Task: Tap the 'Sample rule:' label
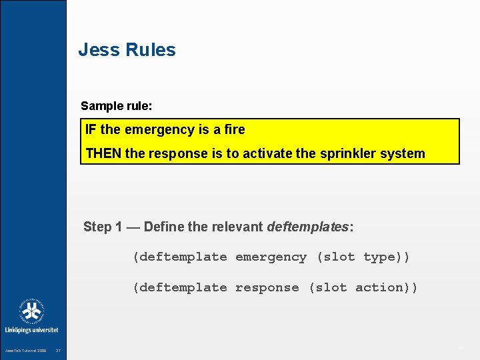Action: pyautogui.click(x=111, y=106)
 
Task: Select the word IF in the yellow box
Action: pyautogui.click(x=91, y=129)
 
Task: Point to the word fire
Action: pyautogui.click(x=232, y=129)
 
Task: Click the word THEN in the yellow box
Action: pyautogui.click(x=103, y=153)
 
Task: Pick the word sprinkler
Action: pyautogui.click(x=349, y=153)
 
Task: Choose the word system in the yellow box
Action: pyautogui.click(x=403, y=153)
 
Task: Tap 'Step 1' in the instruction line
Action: pyautogui.click(x=103, y=227)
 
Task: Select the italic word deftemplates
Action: pyautogui.click(x=307, y=227)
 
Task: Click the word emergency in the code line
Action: pyautogui.click(x=271, y=257)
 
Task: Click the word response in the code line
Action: pyautogui.click(x=267, y=288)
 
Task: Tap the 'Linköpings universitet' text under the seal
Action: pyautogui.click(x=32, y=330)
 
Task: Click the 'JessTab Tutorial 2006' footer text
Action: pyautogui.click(x=26, y=351)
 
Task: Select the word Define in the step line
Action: pyautogui.click(x=164, y=227)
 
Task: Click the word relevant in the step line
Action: pyautogui.click(x=237, y=227)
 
